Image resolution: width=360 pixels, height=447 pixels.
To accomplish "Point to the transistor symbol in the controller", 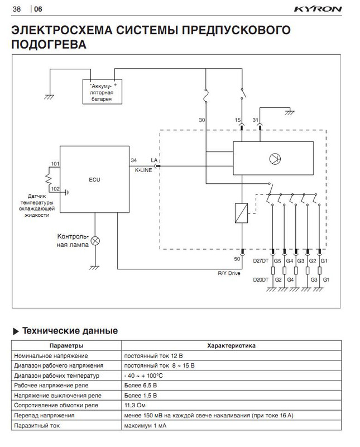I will coord(275,158).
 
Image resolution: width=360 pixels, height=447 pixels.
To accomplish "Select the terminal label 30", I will coord(201,120).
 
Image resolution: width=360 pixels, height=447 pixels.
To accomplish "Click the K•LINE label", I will coord(143,169).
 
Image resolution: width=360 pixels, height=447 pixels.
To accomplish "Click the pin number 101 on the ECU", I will coord(55,164).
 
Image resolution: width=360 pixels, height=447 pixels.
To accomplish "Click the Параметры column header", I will coord(66,346).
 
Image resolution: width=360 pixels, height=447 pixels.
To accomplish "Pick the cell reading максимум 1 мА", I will coord(144,426).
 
